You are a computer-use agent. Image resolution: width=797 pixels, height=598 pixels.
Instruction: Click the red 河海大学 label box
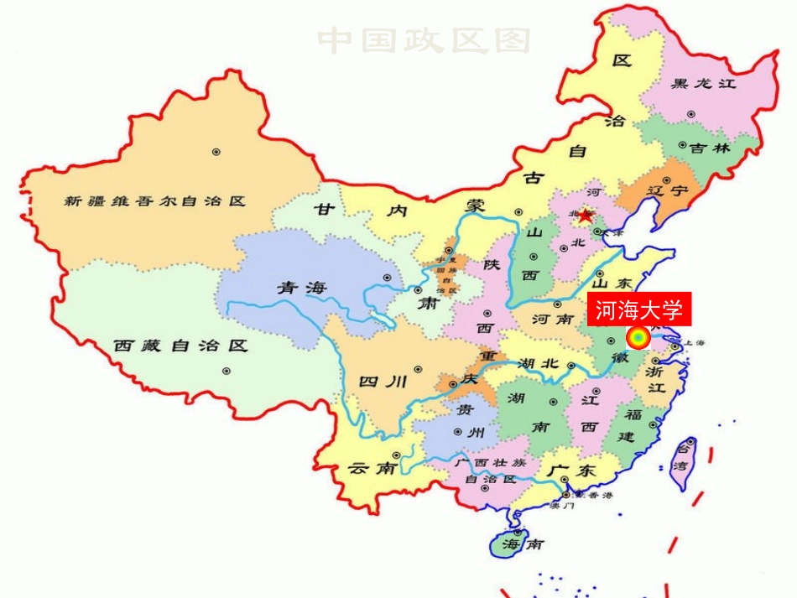639,309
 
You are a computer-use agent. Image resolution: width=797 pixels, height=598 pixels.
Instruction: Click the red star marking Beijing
585,216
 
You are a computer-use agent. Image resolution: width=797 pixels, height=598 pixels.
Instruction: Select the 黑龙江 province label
704,83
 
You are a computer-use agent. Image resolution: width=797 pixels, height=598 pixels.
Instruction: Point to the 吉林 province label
711,148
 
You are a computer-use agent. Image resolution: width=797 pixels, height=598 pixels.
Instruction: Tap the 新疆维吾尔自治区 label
155,201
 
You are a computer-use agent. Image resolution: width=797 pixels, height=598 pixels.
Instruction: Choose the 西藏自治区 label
181,345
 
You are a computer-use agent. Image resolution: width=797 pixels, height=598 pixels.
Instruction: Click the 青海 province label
300,288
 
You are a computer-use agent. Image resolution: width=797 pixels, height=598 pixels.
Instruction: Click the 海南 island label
523,543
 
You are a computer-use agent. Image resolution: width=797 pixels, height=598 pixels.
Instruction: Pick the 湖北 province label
539,363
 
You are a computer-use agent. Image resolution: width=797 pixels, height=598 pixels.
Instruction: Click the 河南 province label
553,320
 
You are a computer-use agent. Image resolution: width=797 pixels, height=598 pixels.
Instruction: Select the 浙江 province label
656,378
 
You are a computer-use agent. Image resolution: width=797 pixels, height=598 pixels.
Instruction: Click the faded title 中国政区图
425,39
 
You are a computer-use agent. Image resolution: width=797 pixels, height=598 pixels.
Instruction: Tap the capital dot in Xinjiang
216,152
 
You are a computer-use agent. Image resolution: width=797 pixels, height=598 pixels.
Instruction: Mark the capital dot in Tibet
226,371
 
